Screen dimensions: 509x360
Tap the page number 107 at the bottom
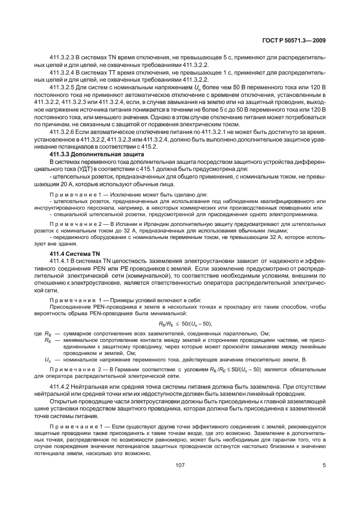click(x=180, y=465)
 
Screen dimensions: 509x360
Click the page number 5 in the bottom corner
click(x=324, y=465)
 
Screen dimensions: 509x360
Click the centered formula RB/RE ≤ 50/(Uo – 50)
click(x=180, y=323)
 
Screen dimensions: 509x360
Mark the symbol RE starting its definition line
click(x=47, y=340)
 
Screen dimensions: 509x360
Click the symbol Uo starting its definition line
click(x=47, y=359)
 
